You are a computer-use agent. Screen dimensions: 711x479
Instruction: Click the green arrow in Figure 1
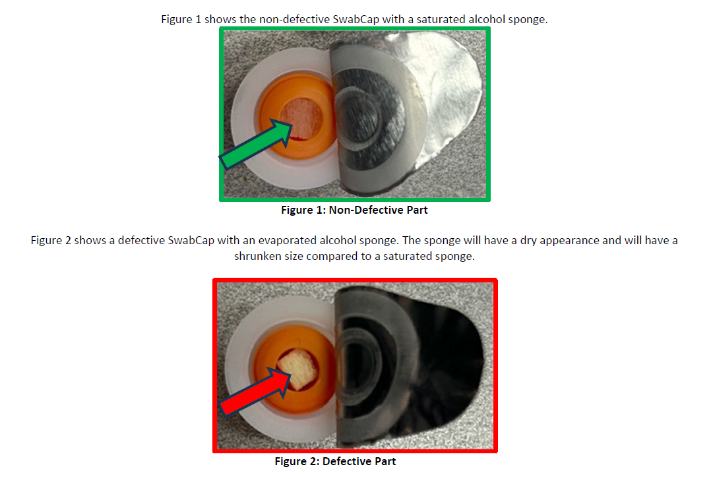256,144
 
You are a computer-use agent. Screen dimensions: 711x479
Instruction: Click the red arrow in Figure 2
255,391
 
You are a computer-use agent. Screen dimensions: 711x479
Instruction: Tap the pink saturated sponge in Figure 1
301,119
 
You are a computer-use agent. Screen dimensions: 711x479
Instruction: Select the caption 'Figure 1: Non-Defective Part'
354,210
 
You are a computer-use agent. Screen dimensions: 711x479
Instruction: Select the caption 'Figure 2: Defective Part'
335,461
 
